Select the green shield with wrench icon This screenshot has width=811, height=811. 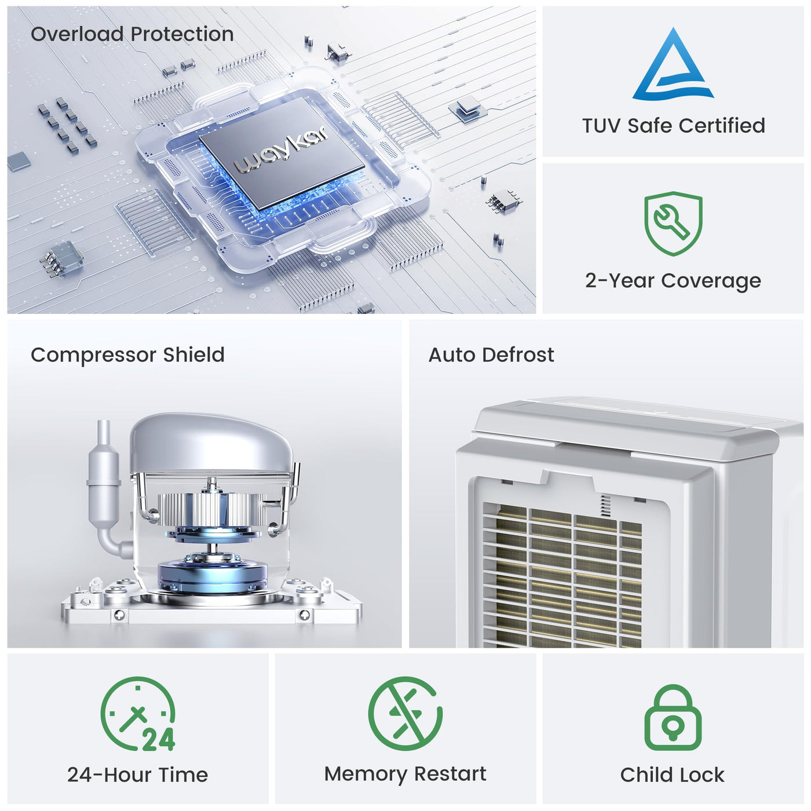point(673,223)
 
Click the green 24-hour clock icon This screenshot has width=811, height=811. point(138,714)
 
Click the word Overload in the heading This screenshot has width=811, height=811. point(78,34)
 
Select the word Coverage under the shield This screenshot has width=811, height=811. point(711,281)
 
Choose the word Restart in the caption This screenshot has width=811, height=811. point(450,773)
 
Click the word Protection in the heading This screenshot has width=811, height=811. point(182,34)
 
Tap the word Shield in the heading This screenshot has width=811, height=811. point(193,355)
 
